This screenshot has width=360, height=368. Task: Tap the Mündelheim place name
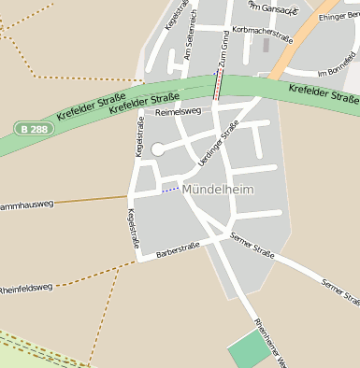pyautogui.click(x=218, y=190)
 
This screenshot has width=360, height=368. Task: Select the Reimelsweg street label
pyautogui.click(x=178, y=112)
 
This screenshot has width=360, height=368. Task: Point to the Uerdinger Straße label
pyautogui.click(x=219, y=146)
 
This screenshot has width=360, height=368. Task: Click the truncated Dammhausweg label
pyautogui.click(x=26, y=203)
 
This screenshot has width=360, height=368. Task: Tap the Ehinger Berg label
pyautogui.click(x=338, y=17)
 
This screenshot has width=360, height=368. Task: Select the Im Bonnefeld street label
pyautogui.click(x=337, y=72)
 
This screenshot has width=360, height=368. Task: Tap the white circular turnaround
pyautogui.click(x=157, y=149)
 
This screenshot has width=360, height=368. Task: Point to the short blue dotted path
pyautogui.click(x=169, y=190)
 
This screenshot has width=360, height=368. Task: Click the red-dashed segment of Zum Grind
pyautogui.click(x=219, y=86)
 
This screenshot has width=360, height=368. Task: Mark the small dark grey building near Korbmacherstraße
pyautogui.click(x=266, y=45)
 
